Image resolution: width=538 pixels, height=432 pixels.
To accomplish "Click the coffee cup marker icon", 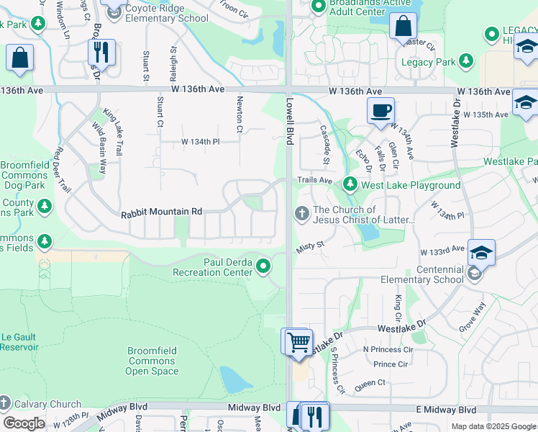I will click(380, 111).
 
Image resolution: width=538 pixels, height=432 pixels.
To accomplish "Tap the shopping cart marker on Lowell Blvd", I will click(298, 341).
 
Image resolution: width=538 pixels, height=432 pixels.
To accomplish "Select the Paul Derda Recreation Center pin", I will click(263, 267).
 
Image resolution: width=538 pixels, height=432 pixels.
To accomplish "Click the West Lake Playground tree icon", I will click(350, 185).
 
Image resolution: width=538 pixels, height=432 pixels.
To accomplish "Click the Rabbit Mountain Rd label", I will click(161, 212).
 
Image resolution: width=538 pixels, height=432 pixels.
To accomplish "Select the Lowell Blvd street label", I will click(290, 122).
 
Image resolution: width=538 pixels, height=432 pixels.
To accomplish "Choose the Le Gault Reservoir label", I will click(19, 341).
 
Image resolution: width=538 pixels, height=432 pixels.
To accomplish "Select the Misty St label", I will click(311, 247).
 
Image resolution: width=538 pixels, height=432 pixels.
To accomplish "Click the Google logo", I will click(24, 423).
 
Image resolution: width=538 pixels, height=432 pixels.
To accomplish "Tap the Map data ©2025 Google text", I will click(494, 426).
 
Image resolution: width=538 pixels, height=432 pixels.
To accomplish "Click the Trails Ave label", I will click(315, 180).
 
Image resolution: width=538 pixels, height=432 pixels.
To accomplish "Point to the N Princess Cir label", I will click(388, 349).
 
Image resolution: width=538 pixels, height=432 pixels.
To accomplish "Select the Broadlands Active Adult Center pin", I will click(317, 6).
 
